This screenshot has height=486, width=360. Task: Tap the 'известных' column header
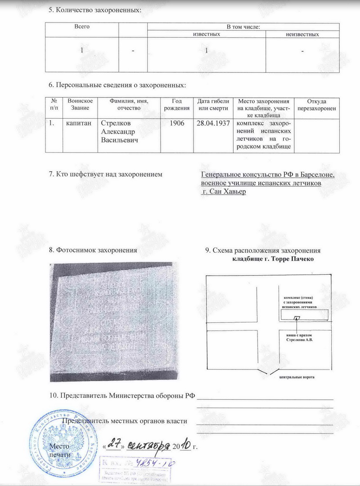pos(207,35)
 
